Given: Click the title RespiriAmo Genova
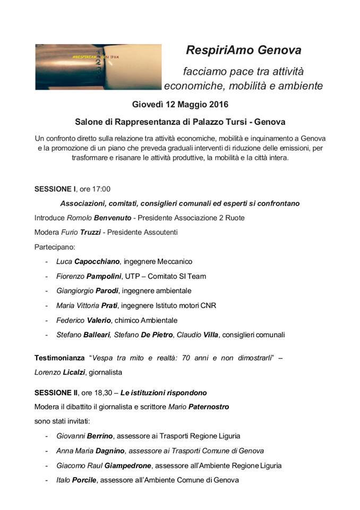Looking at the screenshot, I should coord(243,50).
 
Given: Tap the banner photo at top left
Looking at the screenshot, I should coord(98,67).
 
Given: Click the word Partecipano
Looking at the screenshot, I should coord(55,247).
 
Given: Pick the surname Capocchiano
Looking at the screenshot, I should coord(97,261).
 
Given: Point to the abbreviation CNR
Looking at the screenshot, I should coord(208,305).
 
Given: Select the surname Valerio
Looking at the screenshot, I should coord(99,320).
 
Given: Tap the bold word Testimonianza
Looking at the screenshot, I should coord(59,358).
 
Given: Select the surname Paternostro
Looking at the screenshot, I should coord(210,407).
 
